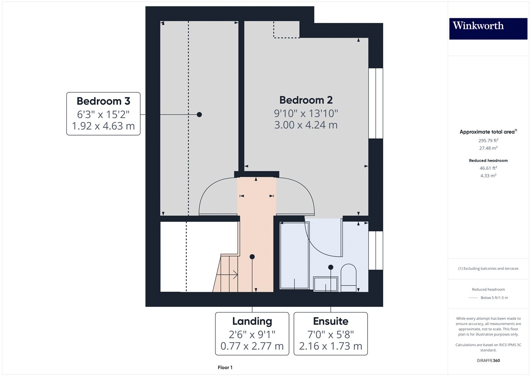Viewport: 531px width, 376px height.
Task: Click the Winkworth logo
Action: click(488, 28)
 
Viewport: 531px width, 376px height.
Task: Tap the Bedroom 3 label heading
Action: click(103, 101)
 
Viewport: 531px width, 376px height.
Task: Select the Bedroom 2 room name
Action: click(306, 100)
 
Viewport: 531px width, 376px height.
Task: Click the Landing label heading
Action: click(252, 321)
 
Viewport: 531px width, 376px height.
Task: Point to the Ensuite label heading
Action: click(331, 321)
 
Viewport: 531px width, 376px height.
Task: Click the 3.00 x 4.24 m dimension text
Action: click(306, 125)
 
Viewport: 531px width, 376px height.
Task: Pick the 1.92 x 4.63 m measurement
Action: click(103, 126)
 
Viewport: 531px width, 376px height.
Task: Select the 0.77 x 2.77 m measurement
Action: click(252, 346)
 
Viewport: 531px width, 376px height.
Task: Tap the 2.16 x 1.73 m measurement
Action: click(331, 346)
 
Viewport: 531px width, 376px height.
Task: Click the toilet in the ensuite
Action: click(349, 278)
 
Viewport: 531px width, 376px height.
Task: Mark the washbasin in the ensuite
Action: click(326, 284)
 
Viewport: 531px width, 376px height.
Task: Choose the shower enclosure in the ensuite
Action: click(294, 255)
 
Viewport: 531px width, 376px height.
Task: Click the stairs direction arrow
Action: click(227, 275)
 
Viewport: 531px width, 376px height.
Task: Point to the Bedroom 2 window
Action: click(376, 103)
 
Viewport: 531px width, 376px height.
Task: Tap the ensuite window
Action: click(376, 250)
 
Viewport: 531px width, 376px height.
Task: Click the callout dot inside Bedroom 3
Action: click(200, 115)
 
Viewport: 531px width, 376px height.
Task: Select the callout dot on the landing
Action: click(252, 257)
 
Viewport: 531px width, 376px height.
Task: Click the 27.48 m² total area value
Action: click(489, 148)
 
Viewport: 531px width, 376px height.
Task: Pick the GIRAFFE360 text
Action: click(489, 360)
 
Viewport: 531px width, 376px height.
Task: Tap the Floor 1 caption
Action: click(225, 368)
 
